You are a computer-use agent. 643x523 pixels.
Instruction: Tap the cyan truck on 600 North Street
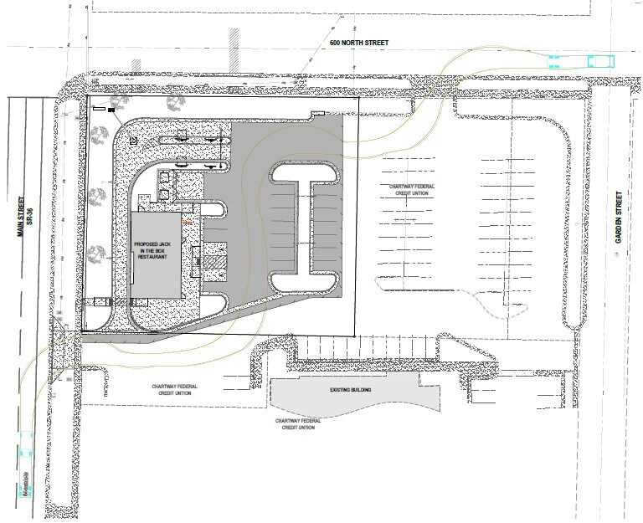[584, 59]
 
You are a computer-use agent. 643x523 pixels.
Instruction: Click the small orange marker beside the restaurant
[188, 223]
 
